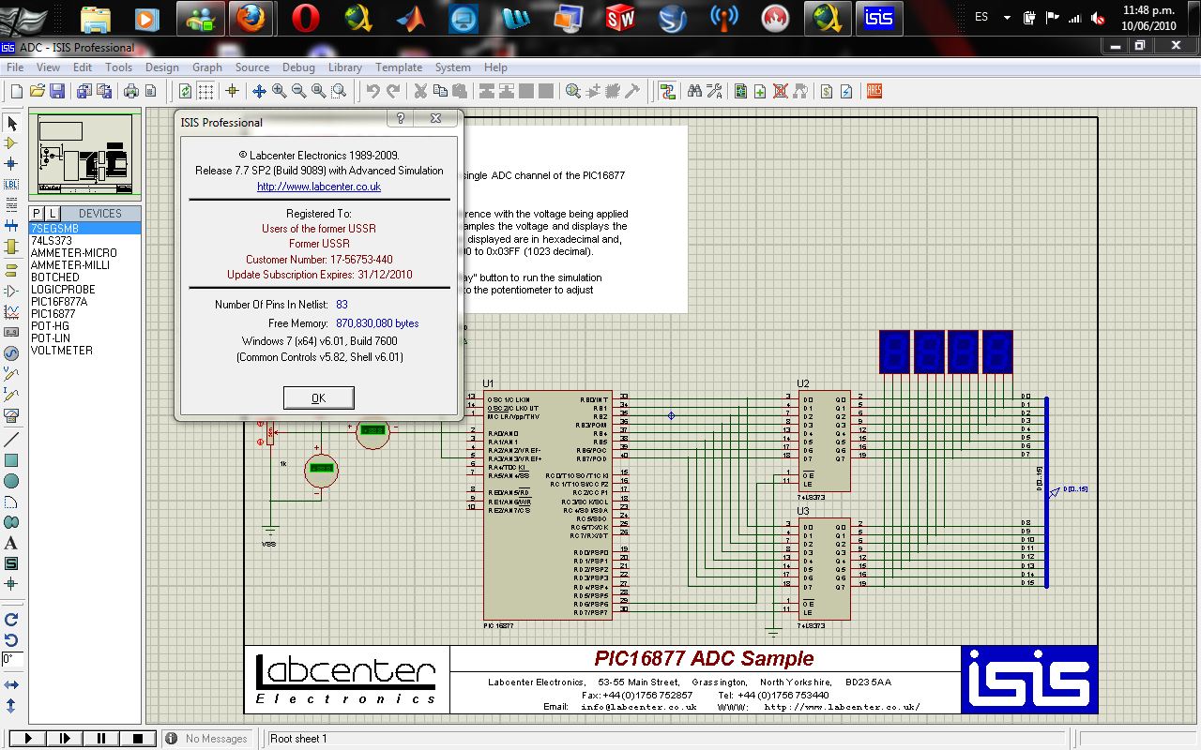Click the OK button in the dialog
(318, 398)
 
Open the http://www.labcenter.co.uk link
(319, 187)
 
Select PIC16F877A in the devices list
(59, 302)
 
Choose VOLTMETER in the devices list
(62, 351)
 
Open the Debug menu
(298, 67)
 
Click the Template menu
(399, 67)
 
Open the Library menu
(345, 67)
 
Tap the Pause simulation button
(101, 739)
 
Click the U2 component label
(802, 383)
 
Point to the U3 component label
(802, 511)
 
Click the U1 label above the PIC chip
(488, 383)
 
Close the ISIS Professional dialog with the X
(436, 119)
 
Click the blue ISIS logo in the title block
(1029, 680)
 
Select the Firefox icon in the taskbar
(249, 18)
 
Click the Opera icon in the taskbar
(306, 18)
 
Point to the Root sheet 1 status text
(298, 739)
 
